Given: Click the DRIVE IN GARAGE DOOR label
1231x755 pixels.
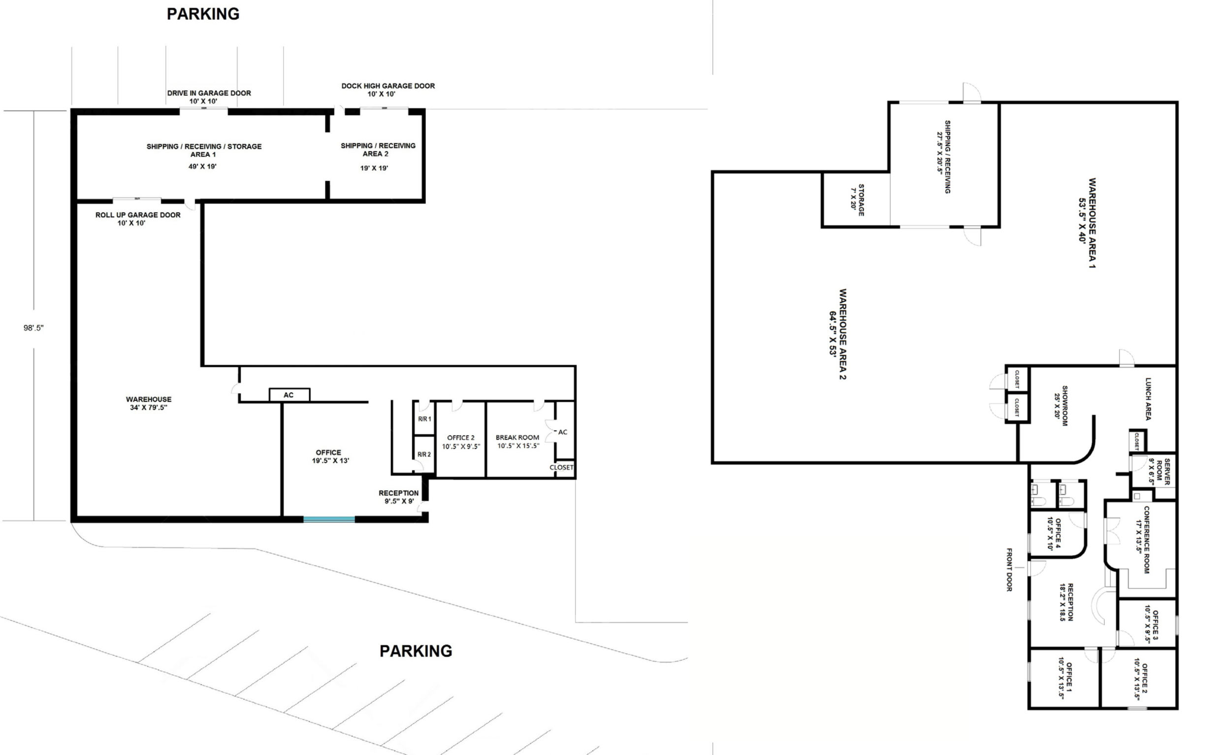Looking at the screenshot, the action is pos(209,97).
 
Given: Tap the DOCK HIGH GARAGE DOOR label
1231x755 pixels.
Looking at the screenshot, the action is pos(388,90).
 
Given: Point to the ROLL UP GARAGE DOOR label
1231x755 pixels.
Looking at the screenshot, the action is pos(138,219).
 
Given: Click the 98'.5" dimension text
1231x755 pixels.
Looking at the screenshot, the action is pos(33,328).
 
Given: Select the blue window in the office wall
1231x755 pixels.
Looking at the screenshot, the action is pos(329,519).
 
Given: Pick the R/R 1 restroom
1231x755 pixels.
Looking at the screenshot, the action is pos(424,418).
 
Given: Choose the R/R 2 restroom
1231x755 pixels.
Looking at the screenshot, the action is pos(424,454).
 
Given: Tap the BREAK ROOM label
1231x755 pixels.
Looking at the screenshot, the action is pos(518,438).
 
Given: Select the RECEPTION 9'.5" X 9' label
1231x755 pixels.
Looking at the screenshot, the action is pos(399,497).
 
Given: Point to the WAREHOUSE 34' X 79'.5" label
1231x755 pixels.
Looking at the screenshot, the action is pos(149,404).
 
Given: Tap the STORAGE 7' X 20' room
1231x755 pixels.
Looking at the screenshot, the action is pos(856,200).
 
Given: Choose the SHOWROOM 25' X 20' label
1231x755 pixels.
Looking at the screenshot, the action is pos(1061,406).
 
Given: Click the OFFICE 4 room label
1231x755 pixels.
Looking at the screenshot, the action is pos(1054,534).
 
